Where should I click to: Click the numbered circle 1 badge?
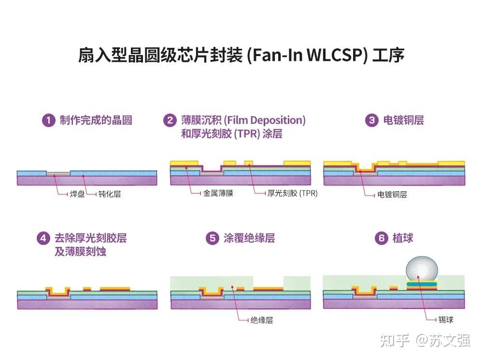pyautogui.click(x=48, y=120)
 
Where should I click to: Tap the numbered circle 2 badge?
pyautogui.click(x=170, y=120)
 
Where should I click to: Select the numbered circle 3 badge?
pyautogui.click(x=371, y=120)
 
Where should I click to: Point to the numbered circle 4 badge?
pyautogui.click(x=43, y=238)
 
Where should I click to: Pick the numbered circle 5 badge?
pyautogui.click(x=212, y=238)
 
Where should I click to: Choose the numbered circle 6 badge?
pyautogui.click(x=382, y=238)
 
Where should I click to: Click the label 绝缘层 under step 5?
pyautogui.click(x=262, y=320)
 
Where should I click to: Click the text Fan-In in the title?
pyautogui.click(x=274, y=56)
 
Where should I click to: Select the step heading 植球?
pyautogui.click(x=402, y=238)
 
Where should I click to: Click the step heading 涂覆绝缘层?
pyautogui.click(x=249, y=238)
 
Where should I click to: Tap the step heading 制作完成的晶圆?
pyautogui.click(x=96, y=120)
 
